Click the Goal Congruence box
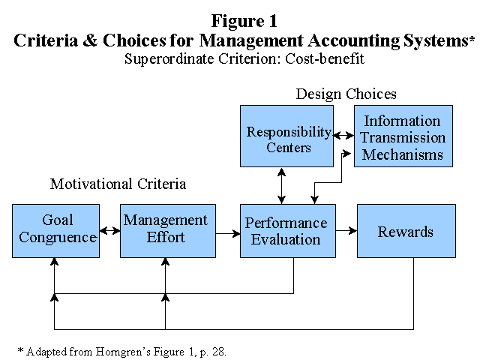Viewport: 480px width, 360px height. click(55, 231)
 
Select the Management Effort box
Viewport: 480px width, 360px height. click(168, 231)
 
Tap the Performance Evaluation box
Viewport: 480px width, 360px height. click(288, 231)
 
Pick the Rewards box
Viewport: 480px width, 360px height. click(406, 231)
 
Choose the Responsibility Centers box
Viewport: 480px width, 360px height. click(286, 136)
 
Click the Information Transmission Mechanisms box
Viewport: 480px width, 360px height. click(403, 136)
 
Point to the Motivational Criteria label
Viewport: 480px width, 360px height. click(118, 184)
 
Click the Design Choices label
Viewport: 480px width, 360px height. click(346, 94)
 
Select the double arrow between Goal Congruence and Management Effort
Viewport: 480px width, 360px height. click(110, 230)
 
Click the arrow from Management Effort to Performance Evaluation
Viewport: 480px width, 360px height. click(228, 234)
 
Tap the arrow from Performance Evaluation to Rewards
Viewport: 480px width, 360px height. click(346, 230)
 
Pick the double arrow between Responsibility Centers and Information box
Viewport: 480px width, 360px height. click(343, 135)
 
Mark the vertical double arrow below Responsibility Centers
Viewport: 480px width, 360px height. click(282, 186)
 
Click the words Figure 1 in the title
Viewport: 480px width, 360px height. click(244, 21)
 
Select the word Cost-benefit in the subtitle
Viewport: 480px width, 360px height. click(325, 58)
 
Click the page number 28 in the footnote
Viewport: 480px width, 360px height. click(218, 352)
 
